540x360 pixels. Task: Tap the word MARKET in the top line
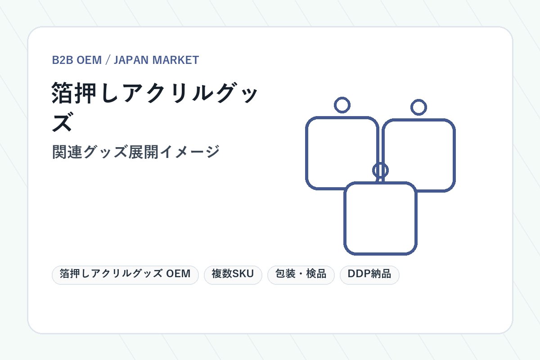(x=176, y=60)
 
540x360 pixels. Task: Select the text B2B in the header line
(x=63, y=60)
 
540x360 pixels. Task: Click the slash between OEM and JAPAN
(x=108, y=60)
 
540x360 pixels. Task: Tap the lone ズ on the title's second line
(x=62, y=122)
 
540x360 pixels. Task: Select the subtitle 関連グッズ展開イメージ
(x=136, y=152)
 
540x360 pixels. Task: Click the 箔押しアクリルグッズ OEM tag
(x=125, y=275)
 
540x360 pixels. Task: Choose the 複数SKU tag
(x=233, y=275)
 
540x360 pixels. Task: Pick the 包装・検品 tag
(x=301, y=275)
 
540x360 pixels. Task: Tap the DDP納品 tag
(x=369, y=275)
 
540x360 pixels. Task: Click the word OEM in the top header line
(x=89, y=60)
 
